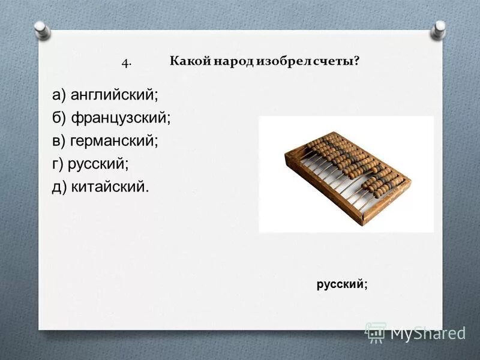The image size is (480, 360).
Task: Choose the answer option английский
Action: (114, 95)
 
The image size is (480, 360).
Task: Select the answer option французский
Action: (121, 118)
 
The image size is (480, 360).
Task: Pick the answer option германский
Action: (114, 140)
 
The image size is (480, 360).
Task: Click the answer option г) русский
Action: (91, 163)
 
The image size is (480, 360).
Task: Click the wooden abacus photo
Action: (347, 174)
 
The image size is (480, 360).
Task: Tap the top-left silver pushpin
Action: (41, 28)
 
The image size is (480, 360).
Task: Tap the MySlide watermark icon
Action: (376, 331)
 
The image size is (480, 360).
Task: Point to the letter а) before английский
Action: (59, 95)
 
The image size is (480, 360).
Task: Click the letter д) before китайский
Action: (59, 186)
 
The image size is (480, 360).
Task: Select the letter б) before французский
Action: (59, 118)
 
